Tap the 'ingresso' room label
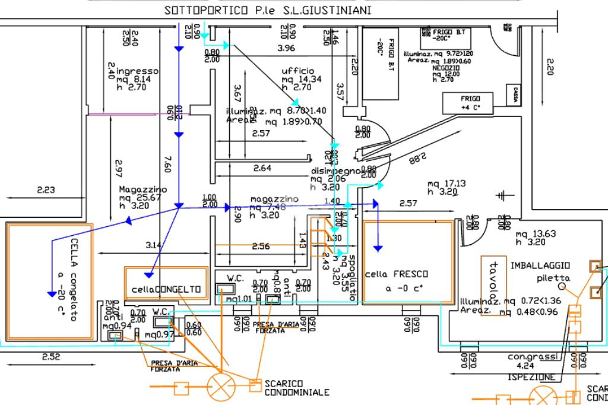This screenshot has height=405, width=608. click(138, 71)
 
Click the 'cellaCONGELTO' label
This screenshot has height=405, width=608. click(166, 289)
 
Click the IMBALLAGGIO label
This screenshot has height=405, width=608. click(540, 265)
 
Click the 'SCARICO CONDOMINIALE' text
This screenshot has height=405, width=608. click(296, 388)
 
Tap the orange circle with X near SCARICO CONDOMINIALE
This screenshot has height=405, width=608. click(221, 388)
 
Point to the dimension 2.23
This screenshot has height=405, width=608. click(45, 190)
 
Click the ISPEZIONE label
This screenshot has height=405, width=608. click(531, 377)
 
